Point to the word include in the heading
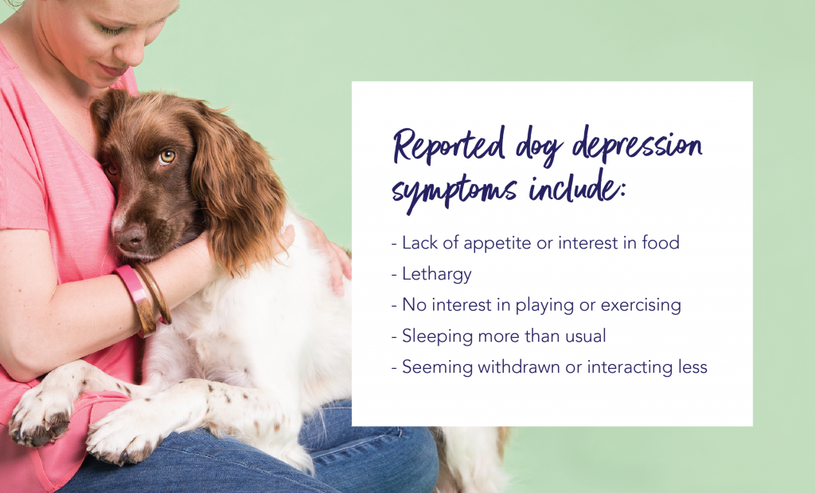(576, 187)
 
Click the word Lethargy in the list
(437, 274)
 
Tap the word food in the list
(661, 242)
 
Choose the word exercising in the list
(641, 305)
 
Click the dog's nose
(130, 237)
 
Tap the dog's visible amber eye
(166, 157)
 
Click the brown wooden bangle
(152, 293)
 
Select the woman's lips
(112, 69)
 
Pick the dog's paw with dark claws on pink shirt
(40, 415)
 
